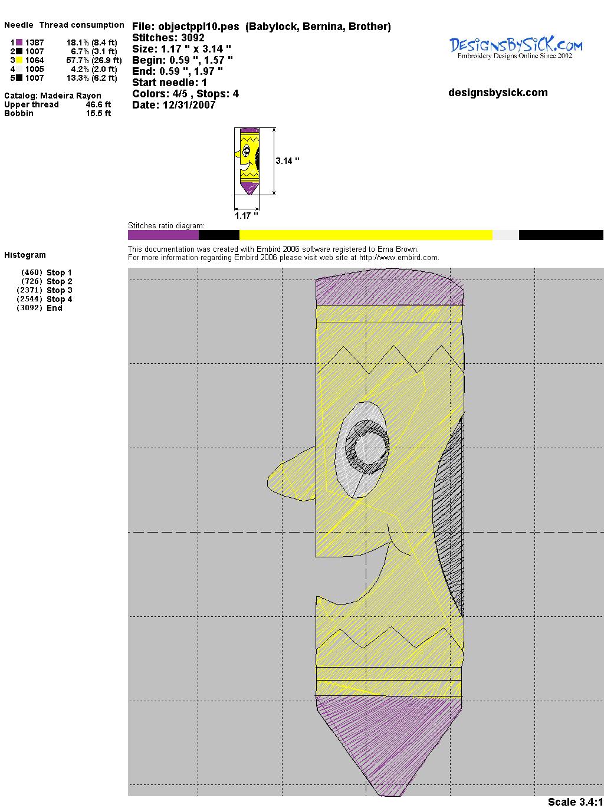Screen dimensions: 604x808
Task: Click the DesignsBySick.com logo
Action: [516, 48]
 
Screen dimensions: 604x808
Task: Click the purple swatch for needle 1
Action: [19, 42]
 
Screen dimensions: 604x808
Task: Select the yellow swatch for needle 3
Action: [19, 60]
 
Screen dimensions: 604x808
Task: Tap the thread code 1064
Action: [34, 60]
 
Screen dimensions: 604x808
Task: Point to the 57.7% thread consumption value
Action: [77, 60]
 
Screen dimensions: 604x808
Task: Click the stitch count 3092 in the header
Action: [192, 38]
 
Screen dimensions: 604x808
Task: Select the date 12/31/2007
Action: [189, 105]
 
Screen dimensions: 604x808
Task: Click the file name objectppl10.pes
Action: [198, 27]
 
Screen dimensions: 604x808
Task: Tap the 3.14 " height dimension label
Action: [287, 161]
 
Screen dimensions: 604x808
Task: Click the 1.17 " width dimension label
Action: [246, 216]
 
